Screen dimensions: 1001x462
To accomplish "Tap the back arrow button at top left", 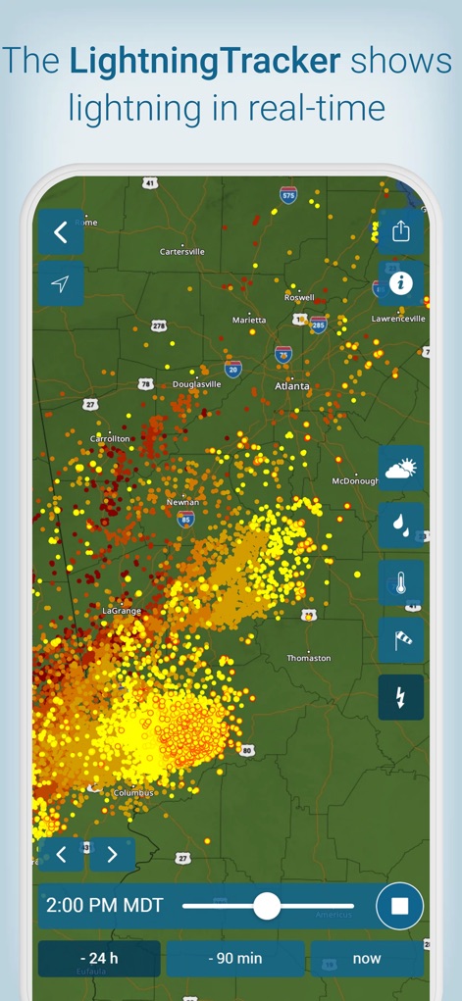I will (x=61, y=232).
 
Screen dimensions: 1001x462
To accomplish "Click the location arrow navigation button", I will (x=61, y=283).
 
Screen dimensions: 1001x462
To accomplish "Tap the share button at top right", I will (x=400, y=232).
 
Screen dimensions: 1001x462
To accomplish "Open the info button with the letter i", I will (x=400, y=283).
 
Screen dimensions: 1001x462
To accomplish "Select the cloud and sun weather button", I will (x=401, y=469).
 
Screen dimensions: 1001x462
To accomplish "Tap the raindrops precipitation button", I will (x=401, y=526).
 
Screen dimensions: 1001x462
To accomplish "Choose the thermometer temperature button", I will (x=401, y=583).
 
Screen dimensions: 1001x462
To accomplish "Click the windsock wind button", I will (x=401, y=640).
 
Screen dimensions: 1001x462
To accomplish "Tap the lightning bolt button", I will (x=401, y=697).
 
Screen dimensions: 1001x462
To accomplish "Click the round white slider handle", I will (x=267, y=906).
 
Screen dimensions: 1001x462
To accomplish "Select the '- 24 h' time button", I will (x=99, y=958).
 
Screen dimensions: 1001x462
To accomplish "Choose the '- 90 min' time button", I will (x=235, y=958).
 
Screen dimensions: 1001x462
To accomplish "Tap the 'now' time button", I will (x=367, y=958).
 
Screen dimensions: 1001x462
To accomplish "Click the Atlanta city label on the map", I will (x=292, y=386).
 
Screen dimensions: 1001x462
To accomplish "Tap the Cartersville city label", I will (x=182, y=252).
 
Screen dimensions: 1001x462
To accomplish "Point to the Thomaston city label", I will (x=309, y=658).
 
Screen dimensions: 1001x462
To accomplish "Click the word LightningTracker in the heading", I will (x=206, y=62).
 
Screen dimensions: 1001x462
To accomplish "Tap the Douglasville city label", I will (x=197, y=384).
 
